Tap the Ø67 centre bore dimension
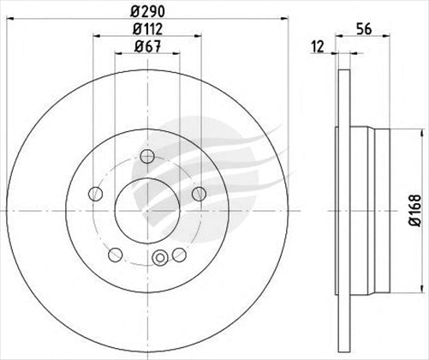[x=146, y=51]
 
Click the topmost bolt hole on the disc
[x=146, y=156]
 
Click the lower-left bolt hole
[x=114, y=254]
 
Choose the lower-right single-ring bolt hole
[x=179, y=254]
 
